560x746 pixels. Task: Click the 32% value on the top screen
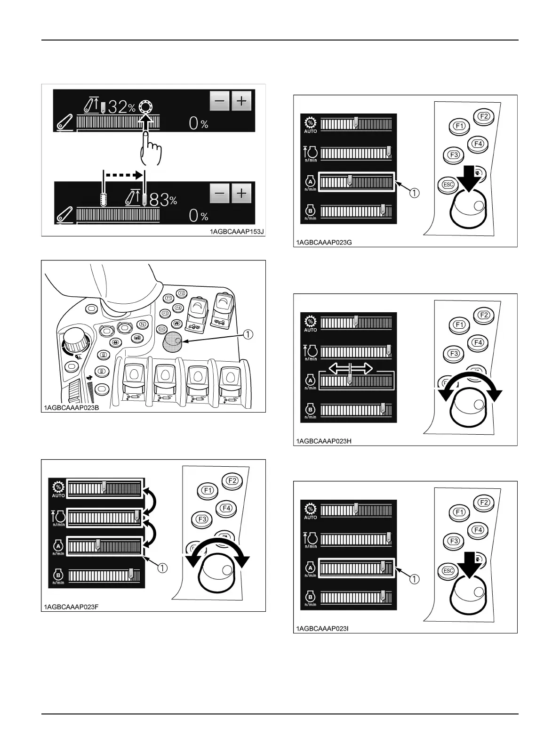click(121, 107)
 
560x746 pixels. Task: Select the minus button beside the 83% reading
click(220, 193)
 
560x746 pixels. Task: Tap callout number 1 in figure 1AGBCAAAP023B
click(248, 334)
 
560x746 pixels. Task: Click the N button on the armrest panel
click(142, 324)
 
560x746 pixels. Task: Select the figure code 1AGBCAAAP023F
click(71, 607)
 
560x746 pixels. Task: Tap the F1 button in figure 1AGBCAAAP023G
click(459, 126)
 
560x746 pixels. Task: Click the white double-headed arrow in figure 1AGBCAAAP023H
click(350, 368)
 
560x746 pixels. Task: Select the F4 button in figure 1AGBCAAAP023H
click(477, 342)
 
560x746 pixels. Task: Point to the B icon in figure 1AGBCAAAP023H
click(310, 409)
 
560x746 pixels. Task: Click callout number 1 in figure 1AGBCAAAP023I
click(414, 579)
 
